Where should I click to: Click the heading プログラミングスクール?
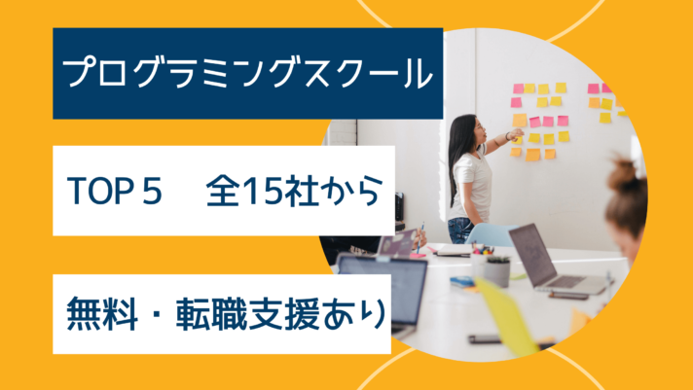tap(247, 73)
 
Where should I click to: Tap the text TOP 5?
tap(115, 191)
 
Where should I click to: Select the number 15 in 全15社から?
tap(263, 191)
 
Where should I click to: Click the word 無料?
tap(101, 314)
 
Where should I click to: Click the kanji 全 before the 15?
tap(224, 191)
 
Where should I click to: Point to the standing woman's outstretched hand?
tap(516, 134)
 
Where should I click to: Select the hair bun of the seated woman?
tap(623, 170)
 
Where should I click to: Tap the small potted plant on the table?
tap(498, 270)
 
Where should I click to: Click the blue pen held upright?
tap(419, 237)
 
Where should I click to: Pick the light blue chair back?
tap(490, 234)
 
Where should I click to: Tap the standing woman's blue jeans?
tap(460, 230)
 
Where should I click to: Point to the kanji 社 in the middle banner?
tap(302, 191)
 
